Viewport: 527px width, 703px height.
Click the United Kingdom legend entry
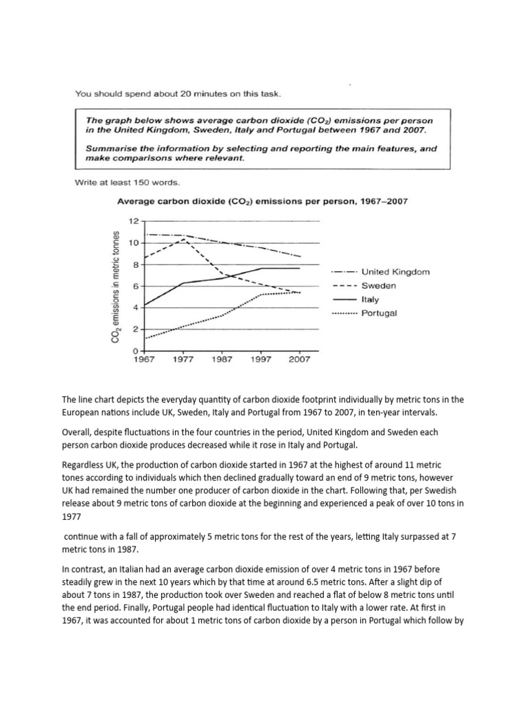tap(395, 272)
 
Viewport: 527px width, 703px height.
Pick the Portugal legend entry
tap(382, 313)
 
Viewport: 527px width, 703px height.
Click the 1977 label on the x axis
tap(182, 359)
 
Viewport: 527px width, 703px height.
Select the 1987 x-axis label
tap(222, 359)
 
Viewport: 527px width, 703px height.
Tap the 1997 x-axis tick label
tap(261, 359)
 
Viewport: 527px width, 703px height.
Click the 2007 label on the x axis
tap(300, 359)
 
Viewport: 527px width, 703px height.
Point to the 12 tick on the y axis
tap(133, 221)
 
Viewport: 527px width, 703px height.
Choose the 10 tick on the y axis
tap(133, 243)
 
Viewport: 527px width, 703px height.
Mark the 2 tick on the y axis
tap(135, 330)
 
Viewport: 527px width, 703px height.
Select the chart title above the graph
tap(263, 201)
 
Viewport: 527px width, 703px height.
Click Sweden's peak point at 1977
tap(182, 239)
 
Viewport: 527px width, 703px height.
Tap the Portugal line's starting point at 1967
tap(143, 338)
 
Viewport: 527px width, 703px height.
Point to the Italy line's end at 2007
tap(300, 268)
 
